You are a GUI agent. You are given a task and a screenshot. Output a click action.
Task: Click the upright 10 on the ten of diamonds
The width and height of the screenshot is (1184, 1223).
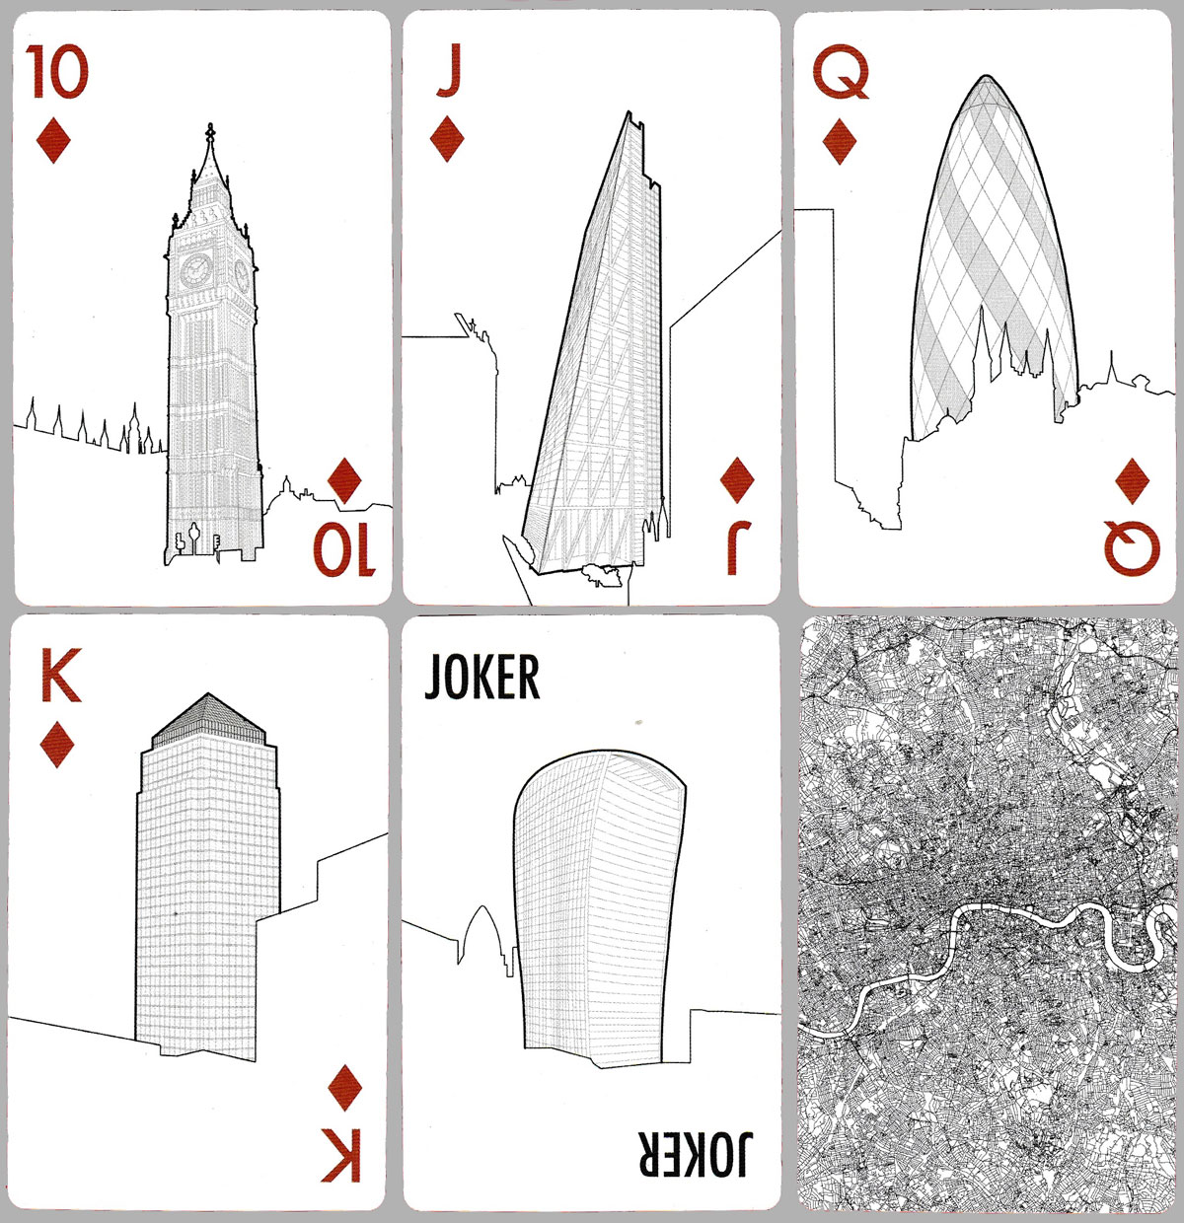click(57, 72)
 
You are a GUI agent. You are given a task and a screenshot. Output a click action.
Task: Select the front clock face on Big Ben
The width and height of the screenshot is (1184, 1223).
click(196, 270)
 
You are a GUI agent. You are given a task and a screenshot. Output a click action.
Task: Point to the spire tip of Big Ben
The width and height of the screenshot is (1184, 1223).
click(210, 125)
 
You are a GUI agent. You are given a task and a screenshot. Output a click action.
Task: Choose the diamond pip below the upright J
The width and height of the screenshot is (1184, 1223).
click(447, 138)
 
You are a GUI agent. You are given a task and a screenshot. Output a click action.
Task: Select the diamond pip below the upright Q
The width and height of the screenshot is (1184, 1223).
click(840, 141)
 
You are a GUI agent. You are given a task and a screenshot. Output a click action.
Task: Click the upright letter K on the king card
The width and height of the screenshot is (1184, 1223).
click(60, 675)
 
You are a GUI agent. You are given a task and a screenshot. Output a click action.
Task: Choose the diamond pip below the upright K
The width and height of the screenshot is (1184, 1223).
click(57, 744)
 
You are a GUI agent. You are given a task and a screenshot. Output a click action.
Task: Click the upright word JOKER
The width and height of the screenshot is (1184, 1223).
click(482, 677)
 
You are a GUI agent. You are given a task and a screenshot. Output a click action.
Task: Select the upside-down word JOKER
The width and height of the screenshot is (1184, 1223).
click(696, 1154)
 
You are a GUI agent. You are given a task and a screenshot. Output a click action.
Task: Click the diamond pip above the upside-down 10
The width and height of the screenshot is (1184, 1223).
click(344, 480)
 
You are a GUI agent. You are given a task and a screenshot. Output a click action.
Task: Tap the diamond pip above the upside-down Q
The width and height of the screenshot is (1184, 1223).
click(1133, 480)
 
